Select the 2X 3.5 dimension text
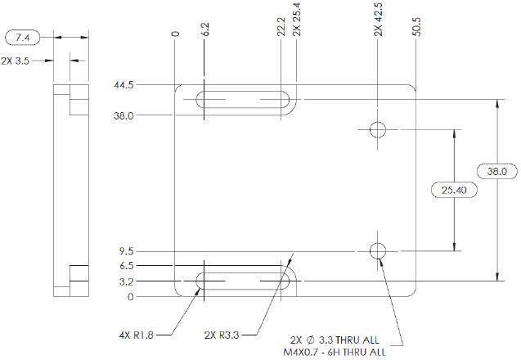point(16,61)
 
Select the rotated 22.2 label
point(281,28)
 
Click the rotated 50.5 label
point(417,28)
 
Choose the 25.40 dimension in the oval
point(453,190)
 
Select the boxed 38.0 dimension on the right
point(497,172)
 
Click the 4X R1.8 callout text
point(135,334)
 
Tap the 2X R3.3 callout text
point(221,334)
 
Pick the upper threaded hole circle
point(378,129)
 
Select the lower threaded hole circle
point(378,250)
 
